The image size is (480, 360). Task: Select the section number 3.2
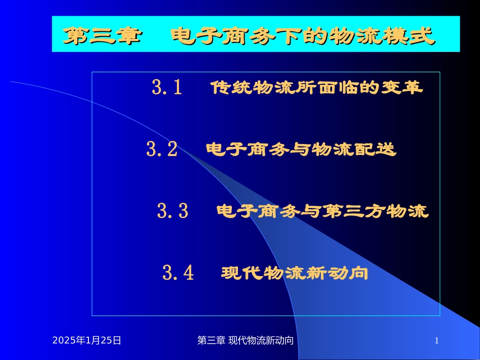point(162,149)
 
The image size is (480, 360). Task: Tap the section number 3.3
point(172,211)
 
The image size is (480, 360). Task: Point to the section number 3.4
point(178,273)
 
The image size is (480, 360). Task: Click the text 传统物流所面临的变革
point(316,88)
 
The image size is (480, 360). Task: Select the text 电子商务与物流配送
point(301,149)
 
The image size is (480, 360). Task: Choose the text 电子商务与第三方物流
point(322,211)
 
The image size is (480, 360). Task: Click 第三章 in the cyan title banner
point(101,36)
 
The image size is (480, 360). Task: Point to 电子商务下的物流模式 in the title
point(303,36)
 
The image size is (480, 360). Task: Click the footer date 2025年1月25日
point(87,341)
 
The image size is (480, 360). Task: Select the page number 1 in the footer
point(437,341)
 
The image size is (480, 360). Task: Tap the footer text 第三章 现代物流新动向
point(245,341)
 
